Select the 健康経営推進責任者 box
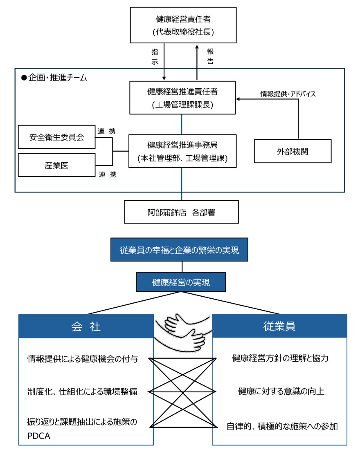(x=183, y=98)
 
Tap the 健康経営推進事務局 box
(x=183, y=151)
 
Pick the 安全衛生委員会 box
(x=56, y=137)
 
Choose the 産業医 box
(x=56, y=165)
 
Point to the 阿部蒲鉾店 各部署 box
(x=181, y=212)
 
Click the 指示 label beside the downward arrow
(x=155, y=56)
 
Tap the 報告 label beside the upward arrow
(x=210, y=56)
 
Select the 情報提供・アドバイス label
(x=288, y=94)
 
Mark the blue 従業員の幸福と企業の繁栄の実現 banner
(x=179, y=249)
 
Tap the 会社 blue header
(x=86, y=326)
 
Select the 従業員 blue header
(x=279, y=326)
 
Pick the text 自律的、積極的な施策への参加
(x=282, y=427)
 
